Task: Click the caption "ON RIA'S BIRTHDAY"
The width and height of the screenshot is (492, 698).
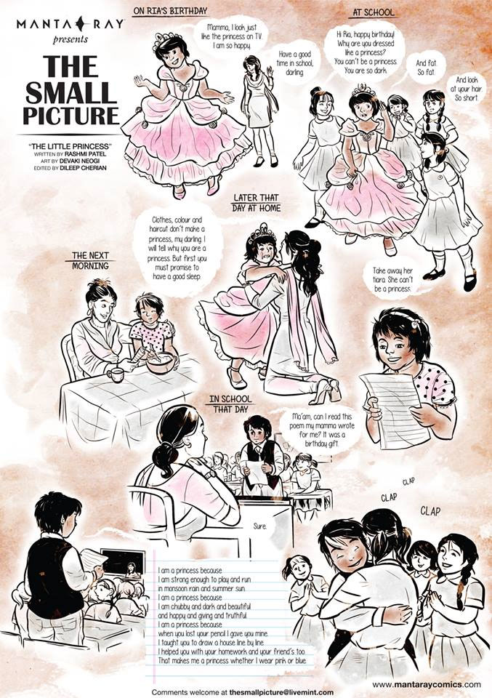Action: [170, 10]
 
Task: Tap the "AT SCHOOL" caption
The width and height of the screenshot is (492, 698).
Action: [374, 12]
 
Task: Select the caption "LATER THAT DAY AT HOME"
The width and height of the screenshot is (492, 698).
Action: [257, 203]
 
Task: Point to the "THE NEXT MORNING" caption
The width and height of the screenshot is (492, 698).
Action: [90, 260]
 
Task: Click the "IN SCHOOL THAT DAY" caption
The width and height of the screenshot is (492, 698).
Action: [230, 404]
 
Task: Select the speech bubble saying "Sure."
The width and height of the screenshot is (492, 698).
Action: [260, 526]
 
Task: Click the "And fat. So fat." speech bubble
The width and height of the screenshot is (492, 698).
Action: [426, 67]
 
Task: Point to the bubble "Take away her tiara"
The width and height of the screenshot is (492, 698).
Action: [393, 279]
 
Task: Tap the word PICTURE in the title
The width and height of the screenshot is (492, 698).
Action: [71, 114]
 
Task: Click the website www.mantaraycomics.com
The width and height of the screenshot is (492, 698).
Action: [427, 684]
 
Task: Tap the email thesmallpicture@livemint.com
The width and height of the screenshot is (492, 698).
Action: [281, 692]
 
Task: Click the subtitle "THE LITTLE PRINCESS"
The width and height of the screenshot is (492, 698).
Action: [68, 146]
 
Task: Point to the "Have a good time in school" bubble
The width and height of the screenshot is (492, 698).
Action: [294, 63]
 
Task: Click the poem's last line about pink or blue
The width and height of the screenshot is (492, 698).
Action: [233, 661]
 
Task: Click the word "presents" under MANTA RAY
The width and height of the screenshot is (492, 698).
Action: [70, 39]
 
